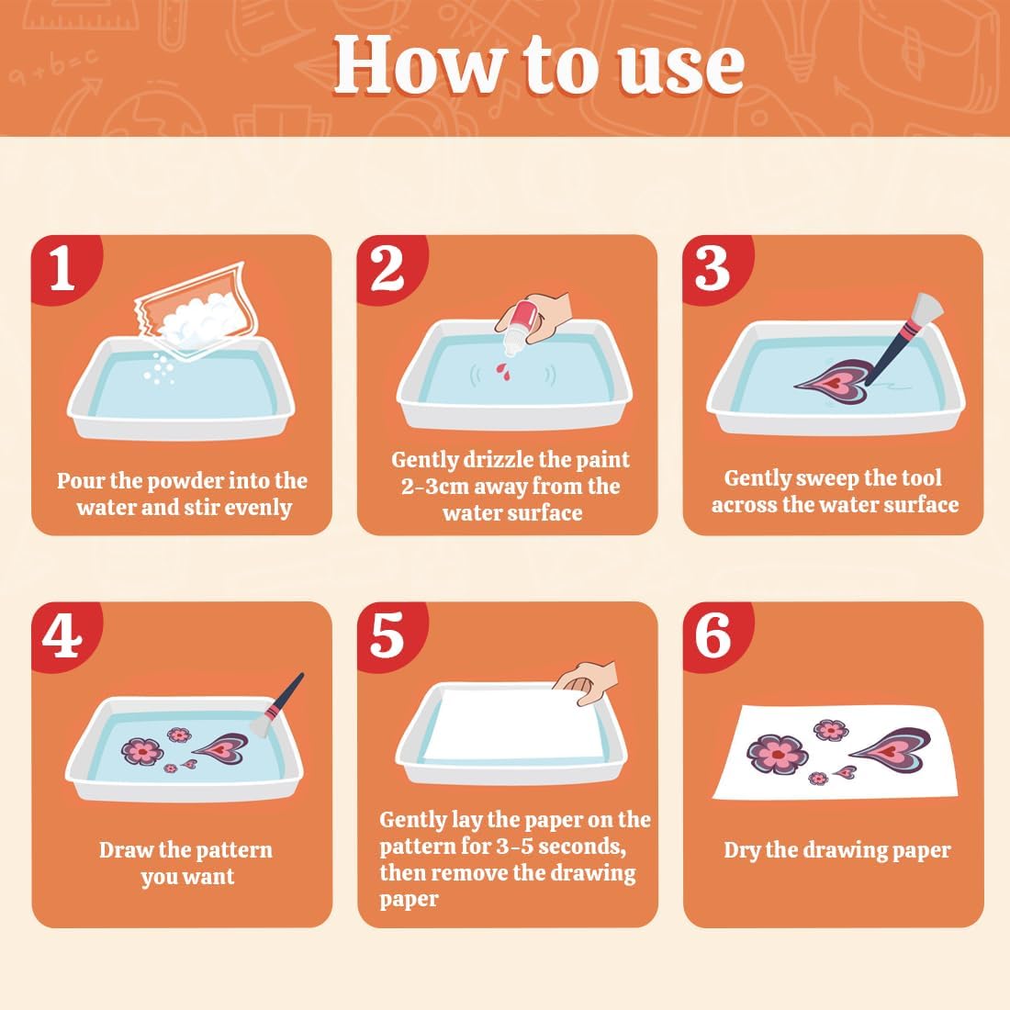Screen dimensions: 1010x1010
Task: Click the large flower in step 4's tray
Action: (141, 750)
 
